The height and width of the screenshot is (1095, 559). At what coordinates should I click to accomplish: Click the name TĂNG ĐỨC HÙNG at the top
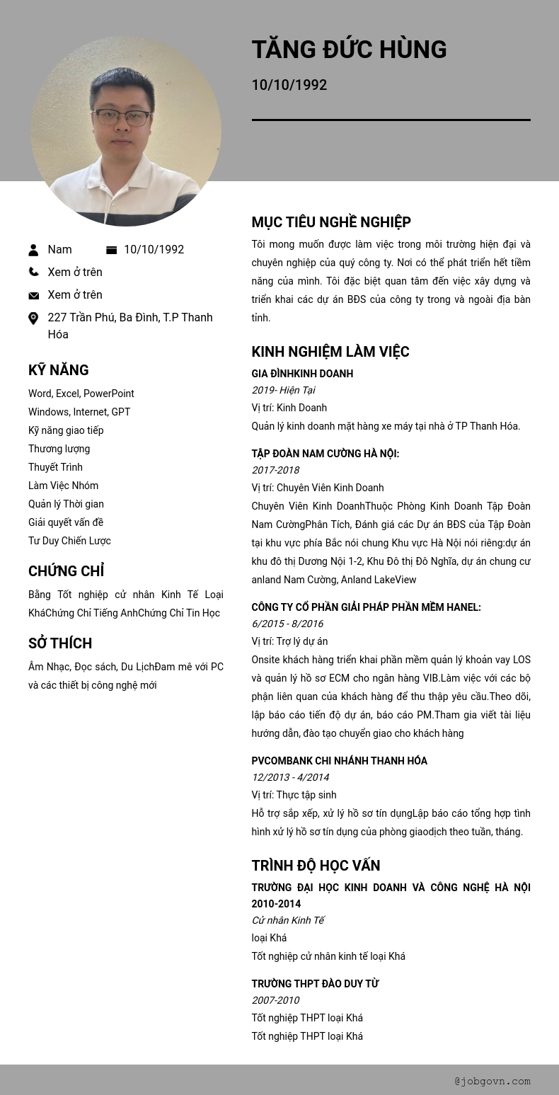[349, 50]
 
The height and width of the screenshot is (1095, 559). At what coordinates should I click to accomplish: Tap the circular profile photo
[126, 131]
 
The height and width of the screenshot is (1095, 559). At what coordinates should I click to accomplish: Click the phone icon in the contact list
[33, 272]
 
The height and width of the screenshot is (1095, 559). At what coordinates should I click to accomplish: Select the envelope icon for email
[33, 295]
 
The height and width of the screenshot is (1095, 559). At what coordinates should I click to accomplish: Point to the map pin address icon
[33, 319]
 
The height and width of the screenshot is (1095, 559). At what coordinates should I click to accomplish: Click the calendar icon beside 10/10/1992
[111, 250]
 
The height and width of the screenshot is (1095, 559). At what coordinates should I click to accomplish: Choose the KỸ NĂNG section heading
[58, 370]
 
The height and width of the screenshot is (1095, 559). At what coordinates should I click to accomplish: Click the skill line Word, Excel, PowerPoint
[81, 394]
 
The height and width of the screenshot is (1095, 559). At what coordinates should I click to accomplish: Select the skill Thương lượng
[59, 449]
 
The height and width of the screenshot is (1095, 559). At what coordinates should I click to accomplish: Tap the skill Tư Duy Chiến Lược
[69, 541]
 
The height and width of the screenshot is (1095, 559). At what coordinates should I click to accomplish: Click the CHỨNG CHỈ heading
[66, 571]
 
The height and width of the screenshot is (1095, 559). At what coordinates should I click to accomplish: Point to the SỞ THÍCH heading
[60, 643]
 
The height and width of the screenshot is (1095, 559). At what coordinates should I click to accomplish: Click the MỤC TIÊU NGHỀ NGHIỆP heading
[330, 222]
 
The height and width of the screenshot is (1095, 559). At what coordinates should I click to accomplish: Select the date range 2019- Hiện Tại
[283, 390]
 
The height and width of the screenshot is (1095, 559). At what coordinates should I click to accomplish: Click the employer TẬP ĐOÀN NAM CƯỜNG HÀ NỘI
[325, 454]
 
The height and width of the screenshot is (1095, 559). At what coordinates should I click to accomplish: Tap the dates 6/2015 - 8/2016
[287, 624]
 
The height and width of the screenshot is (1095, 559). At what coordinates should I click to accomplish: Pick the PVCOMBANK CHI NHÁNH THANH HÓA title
[339, 761]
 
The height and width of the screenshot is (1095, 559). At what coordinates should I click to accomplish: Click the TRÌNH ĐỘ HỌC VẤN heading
[316, 866]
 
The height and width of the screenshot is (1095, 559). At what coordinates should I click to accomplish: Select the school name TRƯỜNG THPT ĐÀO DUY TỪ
[315, 984]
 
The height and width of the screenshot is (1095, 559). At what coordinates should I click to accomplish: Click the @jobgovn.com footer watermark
[492, 1081]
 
